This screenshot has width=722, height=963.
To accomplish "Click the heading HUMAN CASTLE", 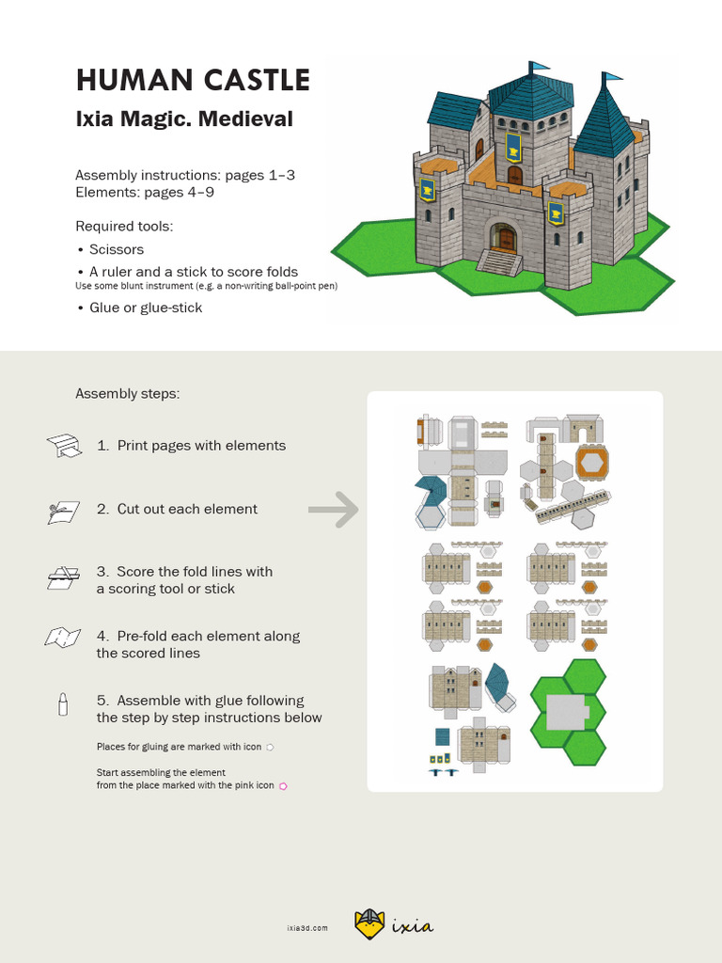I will click(193, 80).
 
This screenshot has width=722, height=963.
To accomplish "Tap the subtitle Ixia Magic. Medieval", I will click(184, 119).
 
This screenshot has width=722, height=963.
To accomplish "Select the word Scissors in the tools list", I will click(117, 249).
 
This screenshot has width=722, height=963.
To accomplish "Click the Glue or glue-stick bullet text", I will click(146, 308).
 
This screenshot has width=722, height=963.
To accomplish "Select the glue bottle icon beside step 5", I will click(63, 705).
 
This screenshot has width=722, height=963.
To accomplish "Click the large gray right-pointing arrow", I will click(334, 510).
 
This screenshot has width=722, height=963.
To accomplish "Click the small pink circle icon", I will click(282, 785).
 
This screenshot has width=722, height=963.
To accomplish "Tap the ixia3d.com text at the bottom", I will click(307, 927).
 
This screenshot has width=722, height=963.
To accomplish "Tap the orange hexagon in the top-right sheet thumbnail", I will click(592, 463).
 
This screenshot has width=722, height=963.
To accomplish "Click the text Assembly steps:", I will click(127, 393).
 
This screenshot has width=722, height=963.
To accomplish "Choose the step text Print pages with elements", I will click(201, 446).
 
